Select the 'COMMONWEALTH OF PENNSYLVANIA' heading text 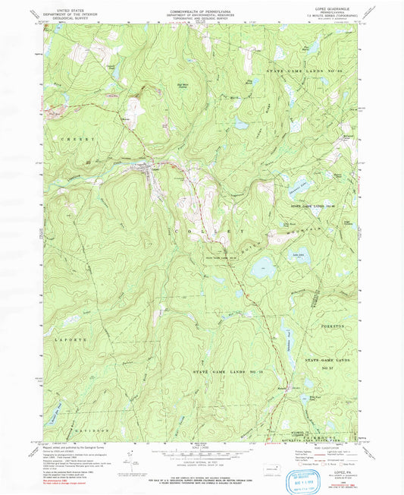coord(201,6)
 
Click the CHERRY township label coord(75,140)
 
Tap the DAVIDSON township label coord(91,430)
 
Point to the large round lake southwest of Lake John coord(264,266)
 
